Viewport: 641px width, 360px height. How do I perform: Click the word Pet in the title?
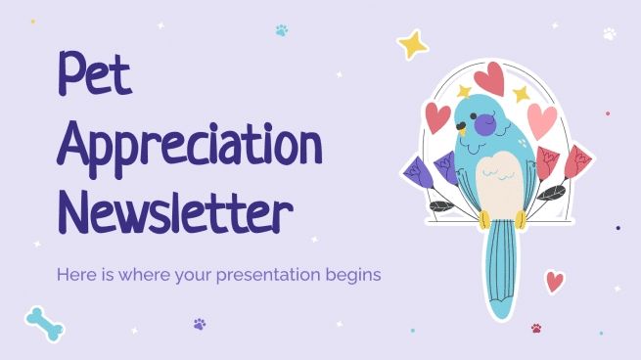click(95, 76)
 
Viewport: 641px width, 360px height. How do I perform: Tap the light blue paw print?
click(282, 30)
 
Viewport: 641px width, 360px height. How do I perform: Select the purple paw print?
click(200, 324)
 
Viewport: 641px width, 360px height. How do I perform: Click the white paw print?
click(610, 34)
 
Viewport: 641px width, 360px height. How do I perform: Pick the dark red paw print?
click(536, 328)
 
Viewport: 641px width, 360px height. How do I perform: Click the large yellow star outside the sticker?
click(412, 44)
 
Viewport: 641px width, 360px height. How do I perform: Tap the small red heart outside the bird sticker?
click(555, 282)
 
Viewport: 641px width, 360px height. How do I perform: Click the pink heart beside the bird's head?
click(541, 120)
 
